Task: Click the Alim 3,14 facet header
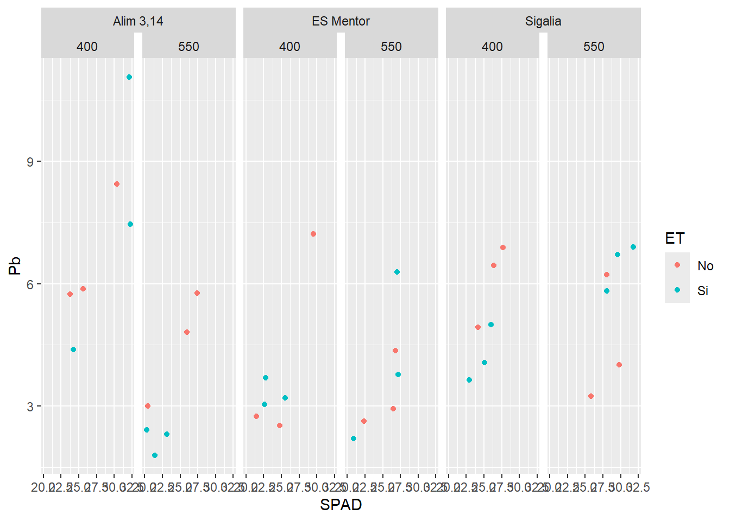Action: (138, 21)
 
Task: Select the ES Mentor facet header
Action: (341, 21)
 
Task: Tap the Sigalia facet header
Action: (543, 21)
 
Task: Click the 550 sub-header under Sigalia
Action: (594, 47)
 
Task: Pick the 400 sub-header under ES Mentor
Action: (290, 47)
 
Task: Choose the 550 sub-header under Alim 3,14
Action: (188, 47)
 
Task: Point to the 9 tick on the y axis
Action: (30, 162)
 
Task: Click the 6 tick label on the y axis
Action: (30, 284)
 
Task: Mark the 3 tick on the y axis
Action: (30, 406)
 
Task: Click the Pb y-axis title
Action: (15, 265)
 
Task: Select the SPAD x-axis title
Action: (341, 505)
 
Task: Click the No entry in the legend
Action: (705, 266)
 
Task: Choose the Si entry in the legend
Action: (703, 291)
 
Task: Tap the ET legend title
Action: (675, 238)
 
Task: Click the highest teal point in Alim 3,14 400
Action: (129, 77)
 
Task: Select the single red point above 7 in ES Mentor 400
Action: (313, 234)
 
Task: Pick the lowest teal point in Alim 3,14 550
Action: (155, 455)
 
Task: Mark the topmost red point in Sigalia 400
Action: (503, 247)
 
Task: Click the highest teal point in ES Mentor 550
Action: (397, 272)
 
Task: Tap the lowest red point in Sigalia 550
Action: (591, 396)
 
